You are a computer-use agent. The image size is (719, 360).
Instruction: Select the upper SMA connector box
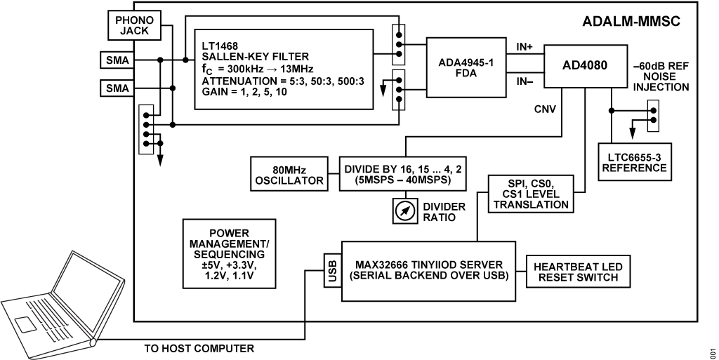coord(117,60)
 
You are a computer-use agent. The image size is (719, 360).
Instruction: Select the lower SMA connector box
coord(117,88)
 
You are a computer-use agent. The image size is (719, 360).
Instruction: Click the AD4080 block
coord(584,67)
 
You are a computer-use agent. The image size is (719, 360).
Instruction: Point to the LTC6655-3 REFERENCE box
coord(633,162)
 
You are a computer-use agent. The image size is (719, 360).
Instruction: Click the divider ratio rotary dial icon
coord(404,211)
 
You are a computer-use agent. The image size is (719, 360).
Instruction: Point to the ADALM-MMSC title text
coord(631,21)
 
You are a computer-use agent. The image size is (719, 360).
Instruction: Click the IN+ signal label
coord(525,46)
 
